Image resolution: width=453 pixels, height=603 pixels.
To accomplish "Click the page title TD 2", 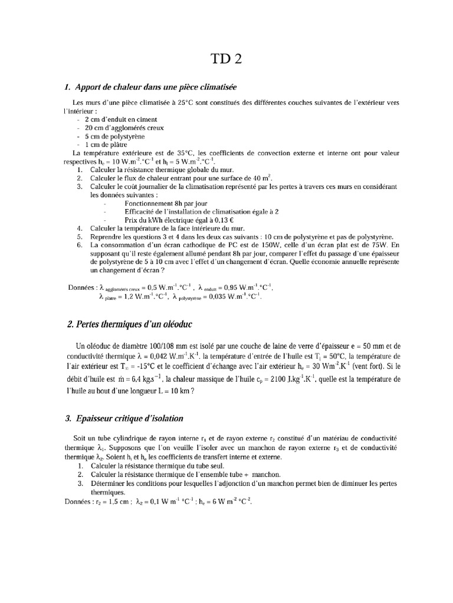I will pyautogui.click(x=226, y=59).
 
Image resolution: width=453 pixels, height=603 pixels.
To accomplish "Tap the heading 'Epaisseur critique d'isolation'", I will pyautogui.click(x=125, y=418).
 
